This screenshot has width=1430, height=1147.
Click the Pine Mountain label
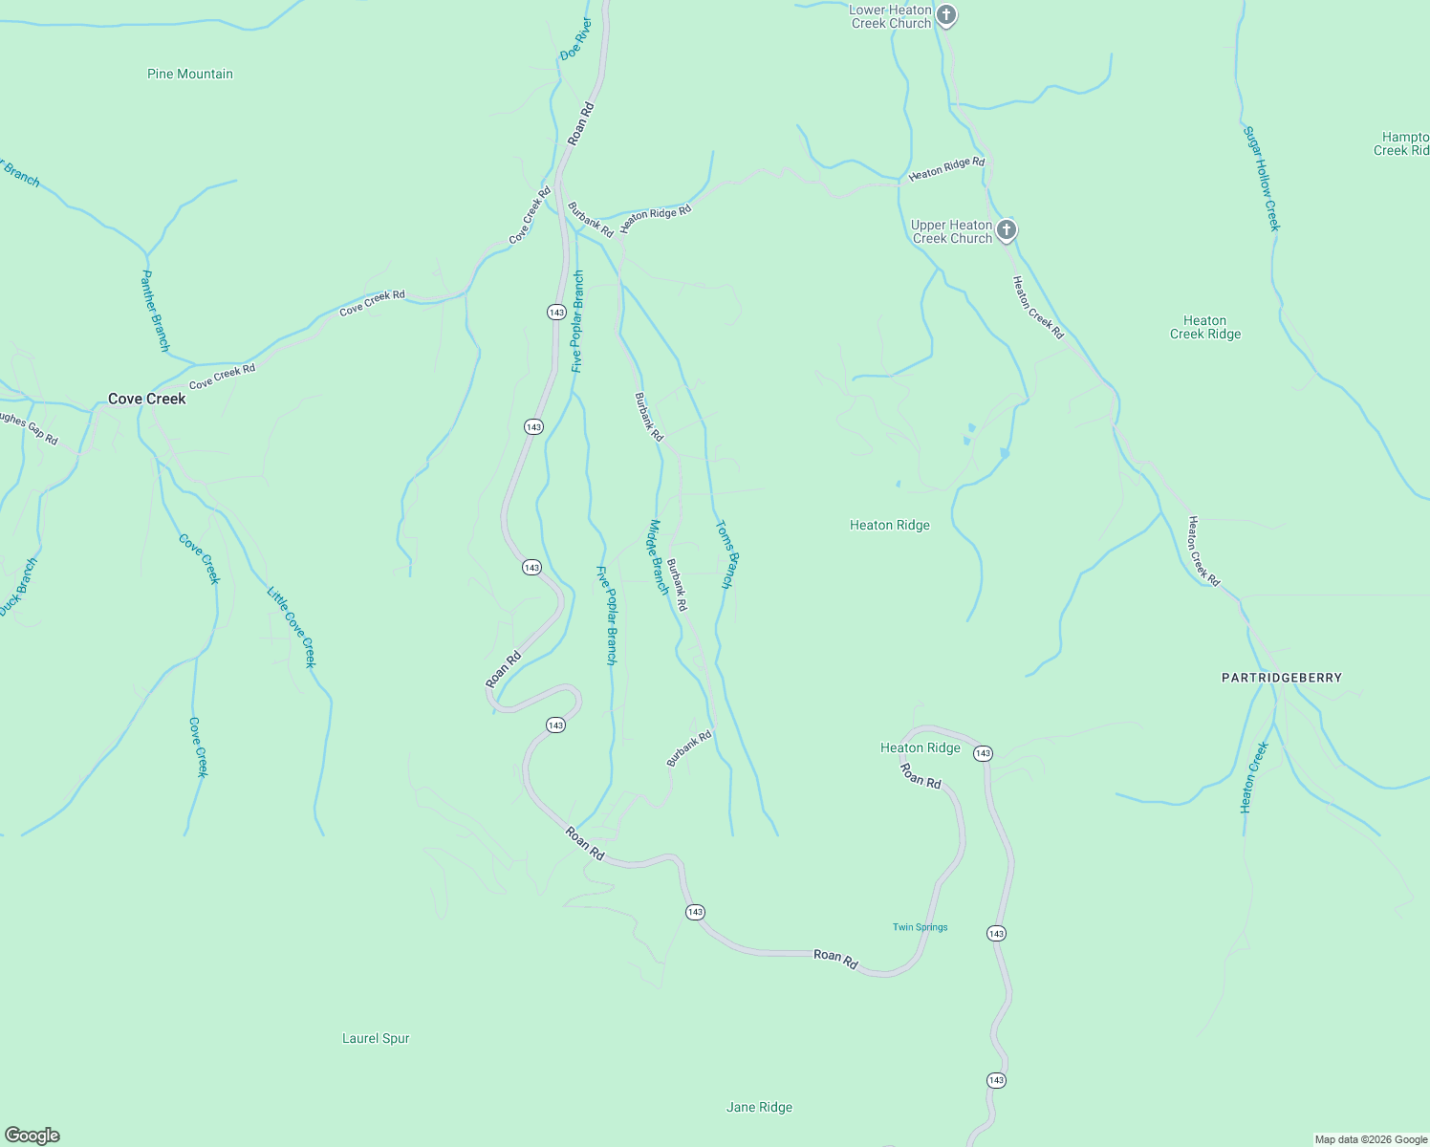[x=190, y=74]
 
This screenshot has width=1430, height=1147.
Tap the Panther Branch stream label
[x=155, y=310]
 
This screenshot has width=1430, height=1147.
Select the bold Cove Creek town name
[x=146, y=399]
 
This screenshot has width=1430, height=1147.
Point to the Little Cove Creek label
[x=291, y=627]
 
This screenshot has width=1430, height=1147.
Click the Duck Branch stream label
[x=18, y=587]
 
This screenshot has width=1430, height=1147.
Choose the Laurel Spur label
[x=376, y=1038]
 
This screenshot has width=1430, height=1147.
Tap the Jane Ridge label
[x=759, y=1107]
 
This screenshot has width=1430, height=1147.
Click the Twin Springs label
[x=920, y=927]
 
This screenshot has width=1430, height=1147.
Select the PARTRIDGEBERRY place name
[x=1282, y=678]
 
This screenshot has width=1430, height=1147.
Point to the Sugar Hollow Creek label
[x=1261, y=178]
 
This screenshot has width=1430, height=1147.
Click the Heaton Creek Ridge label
[x=1205, y=327]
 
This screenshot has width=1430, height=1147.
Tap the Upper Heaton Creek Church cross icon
[x=1006, y=230]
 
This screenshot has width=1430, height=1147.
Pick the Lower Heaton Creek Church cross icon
[x=945, y=14]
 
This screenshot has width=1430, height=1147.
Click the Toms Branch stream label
[x=727, y=553]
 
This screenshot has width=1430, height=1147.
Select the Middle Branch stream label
[x=659, y=556]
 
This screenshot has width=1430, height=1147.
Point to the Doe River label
[x=576, y=38]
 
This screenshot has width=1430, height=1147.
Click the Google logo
[x=32, y=1136]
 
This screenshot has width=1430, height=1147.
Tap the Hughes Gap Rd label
[x=29, y=428]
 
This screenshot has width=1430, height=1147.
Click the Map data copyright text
[x=1371, y=1139]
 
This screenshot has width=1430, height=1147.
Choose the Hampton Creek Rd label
[x=1403, y=143]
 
